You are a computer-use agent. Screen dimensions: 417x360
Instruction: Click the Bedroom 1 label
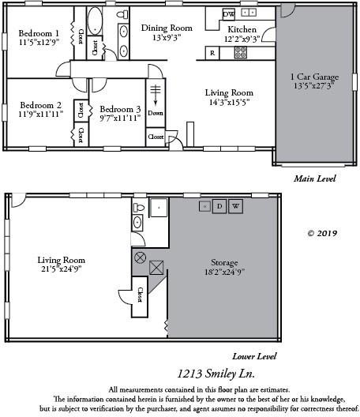pyautogui.click(x=39, y=33)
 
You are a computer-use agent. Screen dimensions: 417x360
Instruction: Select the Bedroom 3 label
pyautogui.click(x=121, y=108)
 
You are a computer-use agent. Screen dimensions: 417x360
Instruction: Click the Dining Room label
pyautogui.click(x=167, y=28)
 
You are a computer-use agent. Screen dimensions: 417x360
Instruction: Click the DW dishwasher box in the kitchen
pyautogui.click(x=228, y=13)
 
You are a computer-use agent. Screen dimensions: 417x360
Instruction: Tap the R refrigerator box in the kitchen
pyautogui.click(x=212, y=53)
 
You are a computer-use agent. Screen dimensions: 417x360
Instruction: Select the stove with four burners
pyautogui.click(x=241, y=53)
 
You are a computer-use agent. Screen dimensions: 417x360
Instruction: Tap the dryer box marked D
pyautogui.click(x=220, y=206)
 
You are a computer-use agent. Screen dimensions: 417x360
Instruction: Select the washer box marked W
pyautogui.click(x=235, y=206)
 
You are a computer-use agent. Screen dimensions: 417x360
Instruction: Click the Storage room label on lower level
pyautogui.click(x=224, y=262)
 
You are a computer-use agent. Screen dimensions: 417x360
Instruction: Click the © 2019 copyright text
pyautogui.click(x=322, y=233)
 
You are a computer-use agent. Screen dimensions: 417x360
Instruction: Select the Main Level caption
pyautogui.click(x=314, y=178)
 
